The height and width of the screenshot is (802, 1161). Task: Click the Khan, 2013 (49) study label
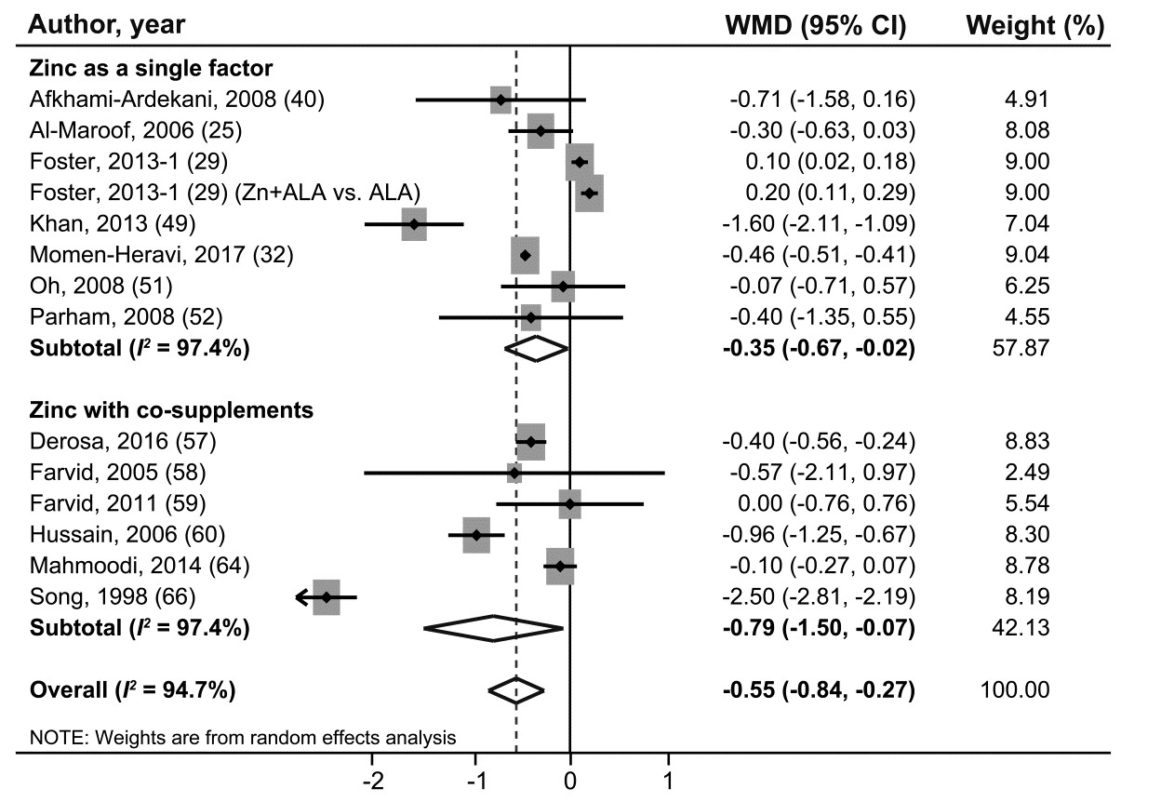pyautogui.click(x=113, y=223)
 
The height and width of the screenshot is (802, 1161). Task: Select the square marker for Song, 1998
pyautogui.click(x=327, y=597)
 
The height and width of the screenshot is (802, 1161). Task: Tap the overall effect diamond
pyautogui.click(x=516, y=689)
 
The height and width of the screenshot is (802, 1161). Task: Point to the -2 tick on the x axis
pyautogui.click(x=373, y=779)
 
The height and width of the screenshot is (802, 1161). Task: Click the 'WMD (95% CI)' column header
pyautogui.click(x=815, y=27)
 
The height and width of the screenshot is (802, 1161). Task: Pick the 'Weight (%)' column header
pyautogui.click(x=1035, y=27)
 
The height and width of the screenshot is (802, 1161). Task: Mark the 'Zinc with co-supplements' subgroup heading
pyautogui.click(x=171, y=409)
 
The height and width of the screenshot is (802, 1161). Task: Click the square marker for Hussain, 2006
pyautogui.click(x=476, y=535)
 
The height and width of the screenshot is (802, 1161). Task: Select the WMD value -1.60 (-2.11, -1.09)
pyautogui.click(x=819, y=223)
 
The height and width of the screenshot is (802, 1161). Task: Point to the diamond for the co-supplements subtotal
pyautogui.click(x=494, y=629)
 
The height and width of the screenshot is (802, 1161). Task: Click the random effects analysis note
pyautogui.click(x=243, y=739)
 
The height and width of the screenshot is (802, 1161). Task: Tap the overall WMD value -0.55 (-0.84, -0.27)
pyautogui.click(x=819, y=690)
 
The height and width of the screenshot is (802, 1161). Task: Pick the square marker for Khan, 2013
pyautogui.click(x=414, y=224)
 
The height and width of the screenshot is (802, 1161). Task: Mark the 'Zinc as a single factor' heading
pyautogui.click(x=151, y=68)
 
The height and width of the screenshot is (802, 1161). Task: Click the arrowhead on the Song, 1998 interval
pyautogui.click(x=300, y=597)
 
